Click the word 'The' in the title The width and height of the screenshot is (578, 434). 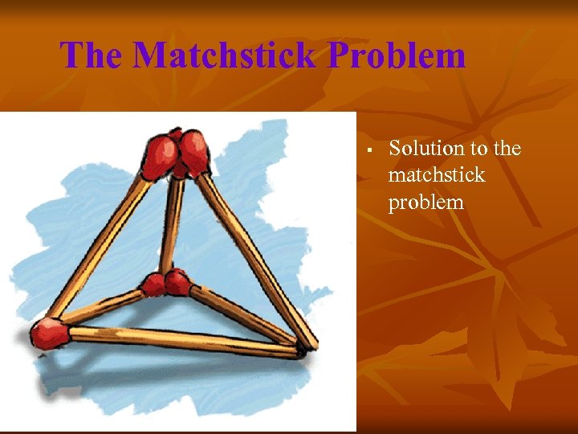92,55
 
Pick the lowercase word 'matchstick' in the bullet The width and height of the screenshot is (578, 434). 437,175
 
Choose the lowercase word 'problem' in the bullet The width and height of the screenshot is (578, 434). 425,203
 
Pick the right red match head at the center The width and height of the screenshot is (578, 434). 177,282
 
